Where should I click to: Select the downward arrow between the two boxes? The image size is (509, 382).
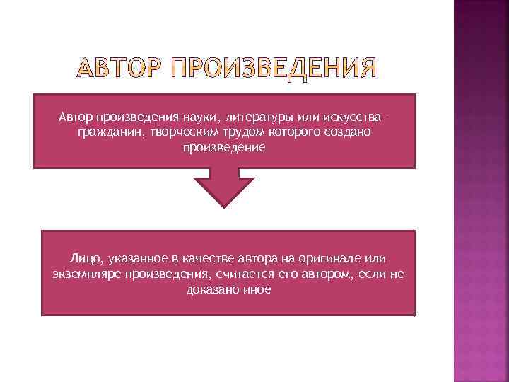click(224, 187)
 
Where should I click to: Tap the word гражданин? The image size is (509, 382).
click(110, 133)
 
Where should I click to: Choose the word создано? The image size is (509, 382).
click(343, 133)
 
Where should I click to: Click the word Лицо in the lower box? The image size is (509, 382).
click(86, 260)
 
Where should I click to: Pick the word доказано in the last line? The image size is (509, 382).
click(211, 289)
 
